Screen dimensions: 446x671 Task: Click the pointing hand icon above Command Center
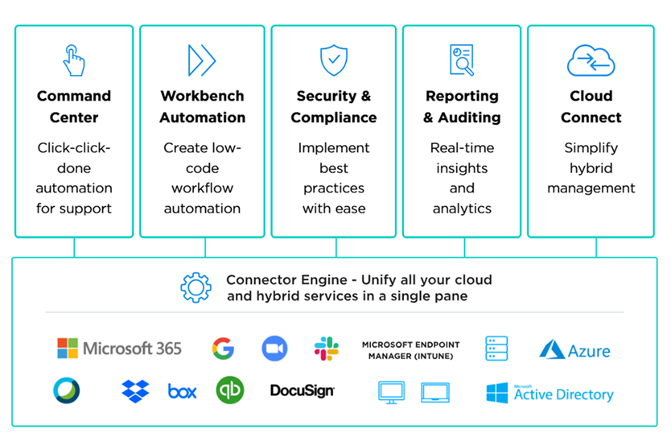[x=73, y=60]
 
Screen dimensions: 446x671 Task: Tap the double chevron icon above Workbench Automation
[x=201, y=60]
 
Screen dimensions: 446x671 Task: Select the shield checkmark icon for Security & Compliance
[x=333, y=60]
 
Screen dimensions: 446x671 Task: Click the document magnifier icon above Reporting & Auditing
[x=461, y=60]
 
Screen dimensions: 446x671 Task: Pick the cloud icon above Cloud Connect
[x=591, y=60]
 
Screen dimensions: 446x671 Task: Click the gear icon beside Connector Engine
[x=196, y=287]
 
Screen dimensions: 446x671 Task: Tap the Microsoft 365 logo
[x=119, y=349]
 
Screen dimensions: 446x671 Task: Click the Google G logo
[x=223, y=349]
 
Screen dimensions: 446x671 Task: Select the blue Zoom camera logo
[x=274, y=349]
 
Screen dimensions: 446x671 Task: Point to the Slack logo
[x=326, y=349]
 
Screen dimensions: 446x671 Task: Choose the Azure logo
[x=574, y=350]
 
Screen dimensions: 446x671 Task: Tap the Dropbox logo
[x=135, y=391]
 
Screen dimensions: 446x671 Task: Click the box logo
[x=182, y=391]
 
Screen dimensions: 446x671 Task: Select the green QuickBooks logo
[x=229, y=390]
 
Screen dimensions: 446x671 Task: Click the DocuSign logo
[x=302, y=391]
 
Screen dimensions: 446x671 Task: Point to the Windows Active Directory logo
[x=550, y=393]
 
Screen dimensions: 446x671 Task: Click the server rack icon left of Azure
[x=496, y=349]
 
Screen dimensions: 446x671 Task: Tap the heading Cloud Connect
[x=591, y=106]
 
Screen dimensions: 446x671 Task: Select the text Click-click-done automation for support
[x=74, y=178]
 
